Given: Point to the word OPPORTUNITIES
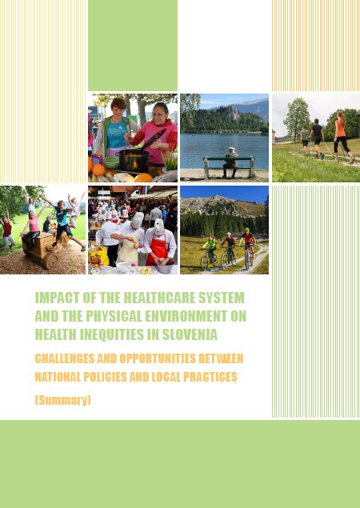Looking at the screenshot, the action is point(158,358).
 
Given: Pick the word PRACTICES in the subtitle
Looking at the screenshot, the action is point(210,377).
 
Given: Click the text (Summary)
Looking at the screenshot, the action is point(63,400).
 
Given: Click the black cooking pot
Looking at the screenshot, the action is point(134,161).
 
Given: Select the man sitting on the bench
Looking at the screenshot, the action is point(230,162).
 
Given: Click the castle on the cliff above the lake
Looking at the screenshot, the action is point(228,112).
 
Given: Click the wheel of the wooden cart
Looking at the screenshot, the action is point(51,261).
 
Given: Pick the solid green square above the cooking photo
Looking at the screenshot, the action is point(133,46).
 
